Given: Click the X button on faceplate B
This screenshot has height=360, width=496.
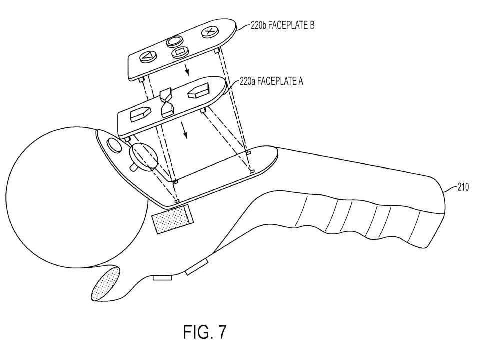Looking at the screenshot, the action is [209, 32].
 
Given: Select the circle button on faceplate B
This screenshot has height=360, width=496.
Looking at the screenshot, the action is [175, 41].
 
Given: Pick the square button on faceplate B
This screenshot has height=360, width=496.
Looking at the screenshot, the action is [180, 52].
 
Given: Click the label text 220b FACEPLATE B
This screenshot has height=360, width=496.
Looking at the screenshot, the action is [282, 25].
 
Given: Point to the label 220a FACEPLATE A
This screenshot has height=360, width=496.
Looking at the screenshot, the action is [271, 81].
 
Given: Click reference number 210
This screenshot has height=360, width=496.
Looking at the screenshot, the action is [463, 187].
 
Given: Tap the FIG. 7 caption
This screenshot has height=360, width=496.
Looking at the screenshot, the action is [205, 332].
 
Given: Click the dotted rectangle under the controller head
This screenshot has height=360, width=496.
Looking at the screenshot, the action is [172, 219].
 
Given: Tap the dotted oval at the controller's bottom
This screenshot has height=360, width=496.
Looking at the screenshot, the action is [105, 284].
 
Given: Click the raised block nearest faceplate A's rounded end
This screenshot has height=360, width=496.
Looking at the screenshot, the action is [199, 90].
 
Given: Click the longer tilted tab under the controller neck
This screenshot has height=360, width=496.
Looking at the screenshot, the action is [197, 266].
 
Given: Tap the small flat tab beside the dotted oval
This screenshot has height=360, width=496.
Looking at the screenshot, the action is [162, 277].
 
